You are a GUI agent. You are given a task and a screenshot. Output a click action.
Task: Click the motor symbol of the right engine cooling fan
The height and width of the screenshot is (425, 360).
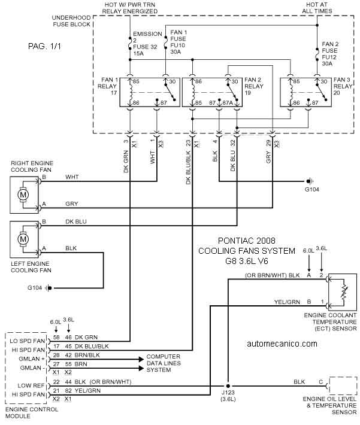[x=23, y=195]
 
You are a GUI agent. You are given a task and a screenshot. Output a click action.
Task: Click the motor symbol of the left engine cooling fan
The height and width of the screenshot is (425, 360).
[x=23, y=239]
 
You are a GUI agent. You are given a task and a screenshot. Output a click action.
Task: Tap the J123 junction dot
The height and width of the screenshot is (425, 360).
[x=228, y=385]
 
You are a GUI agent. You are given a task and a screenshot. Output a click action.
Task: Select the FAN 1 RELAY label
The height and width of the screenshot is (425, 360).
[x=108, y=86]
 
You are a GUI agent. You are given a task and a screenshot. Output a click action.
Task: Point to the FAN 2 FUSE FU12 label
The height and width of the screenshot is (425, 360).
[x=330, y=54]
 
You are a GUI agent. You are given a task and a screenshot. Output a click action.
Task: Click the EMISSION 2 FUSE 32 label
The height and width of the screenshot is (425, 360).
[x=146, y=43]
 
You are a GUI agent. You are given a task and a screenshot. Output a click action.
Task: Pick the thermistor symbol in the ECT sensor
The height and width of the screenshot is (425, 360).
[x=344, y=292]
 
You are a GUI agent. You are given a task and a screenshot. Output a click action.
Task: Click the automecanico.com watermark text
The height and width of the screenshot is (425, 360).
[x=282, y=344]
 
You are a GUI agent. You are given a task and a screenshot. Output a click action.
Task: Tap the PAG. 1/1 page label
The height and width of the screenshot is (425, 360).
[x=45, y=46]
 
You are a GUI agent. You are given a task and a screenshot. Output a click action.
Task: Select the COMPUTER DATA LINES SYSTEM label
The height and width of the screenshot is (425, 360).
[x=164, y=363]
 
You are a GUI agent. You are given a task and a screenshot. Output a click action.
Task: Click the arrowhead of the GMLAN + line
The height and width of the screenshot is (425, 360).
[x=141, y=359]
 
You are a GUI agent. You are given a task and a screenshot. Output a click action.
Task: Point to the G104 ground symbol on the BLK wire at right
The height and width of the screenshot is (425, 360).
[x=310, y=181]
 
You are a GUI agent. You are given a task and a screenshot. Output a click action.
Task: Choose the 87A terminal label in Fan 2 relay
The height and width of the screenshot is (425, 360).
[x=228, y=103]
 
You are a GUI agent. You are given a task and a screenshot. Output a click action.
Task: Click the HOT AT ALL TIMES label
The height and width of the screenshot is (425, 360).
[x=317, y=8]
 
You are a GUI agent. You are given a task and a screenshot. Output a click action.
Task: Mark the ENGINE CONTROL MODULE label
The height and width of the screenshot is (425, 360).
[x=32, y=412]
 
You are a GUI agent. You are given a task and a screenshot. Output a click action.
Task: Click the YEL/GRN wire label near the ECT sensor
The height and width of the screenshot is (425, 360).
[x=287, y=302]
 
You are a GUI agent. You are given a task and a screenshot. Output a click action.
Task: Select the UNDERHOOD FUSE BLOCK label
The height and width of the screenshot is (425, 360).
[x=71, y=21]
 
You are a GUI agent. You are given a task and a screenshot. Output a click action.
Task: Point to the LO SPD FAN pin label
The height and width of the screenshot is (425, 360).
[x=27, y=341]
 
